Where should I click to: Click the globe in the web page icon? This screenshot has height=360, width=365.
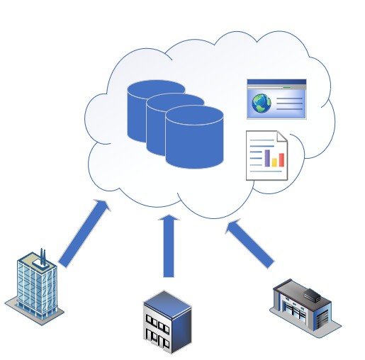(261, 104)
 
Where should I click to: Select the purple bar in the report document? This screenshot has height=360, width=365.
(268, 157)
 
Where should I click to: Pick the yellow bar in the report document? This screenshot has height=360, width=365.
(274, 159)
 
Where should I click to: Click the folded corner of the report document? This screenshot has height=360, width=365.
(281, 137)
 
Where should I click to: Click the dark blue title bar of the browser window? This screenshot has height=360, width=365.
(276, 82)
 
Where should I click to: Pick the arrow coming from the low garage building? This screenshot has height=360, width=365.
(252, 243)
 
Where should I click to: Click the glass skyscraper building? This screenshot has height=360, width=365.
(35, 287)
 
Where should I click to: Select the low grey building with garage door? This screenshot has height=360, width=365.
(303, 304)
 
